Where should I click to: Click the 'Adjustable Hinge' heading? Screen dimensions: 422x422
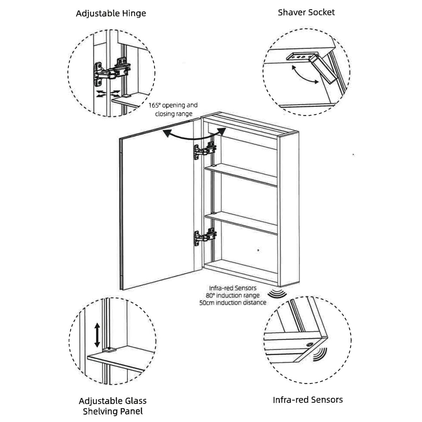coord(111,13)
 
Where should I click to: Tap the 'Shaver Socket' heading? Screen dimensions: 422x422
coord(306,12)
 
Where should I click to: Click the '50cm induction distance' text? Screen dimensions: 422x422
coord(232,302)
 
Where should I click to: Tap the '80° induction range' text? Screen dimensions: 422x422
coord(232,295)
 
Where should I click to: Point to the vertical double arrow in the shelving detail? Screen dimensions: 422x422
coord(97,335)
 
